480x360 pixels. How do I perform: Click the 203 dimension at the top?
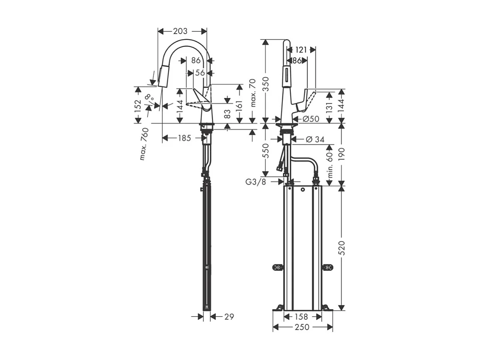180,31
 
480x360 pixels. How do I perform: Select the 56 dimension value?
200,72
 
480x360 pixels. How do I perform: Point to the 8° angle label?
149,98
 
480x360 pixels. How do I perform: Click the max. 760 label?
144,144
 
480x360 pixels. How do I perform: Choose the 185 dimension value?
184,138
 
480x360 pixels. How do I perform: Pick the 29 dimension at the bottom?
229,317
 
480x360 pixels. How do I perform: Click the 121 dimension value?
301,50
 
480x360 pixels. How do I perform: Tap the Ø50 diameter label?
311,119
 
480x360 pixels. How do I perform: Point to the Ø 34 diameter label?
315,139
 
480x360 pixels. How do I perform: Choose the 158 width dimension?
303,317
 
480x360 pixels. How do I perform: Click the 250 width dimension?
303,327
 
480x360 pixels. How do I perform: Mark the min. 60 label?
330,165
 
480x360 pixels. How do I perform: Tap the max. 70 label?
252,93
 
